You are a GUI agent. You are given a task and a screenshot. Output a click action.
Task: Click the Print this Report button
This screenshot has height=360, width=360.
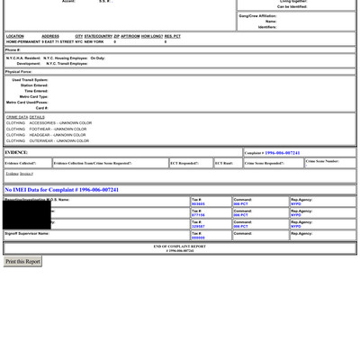point(22,262)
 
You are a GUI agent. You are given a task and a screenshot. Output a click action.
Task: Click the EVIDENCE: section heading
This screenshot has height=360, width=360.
point(16,153)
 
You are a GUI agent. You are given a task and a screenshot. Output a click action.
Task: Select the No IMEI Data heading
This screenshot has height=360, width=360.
point(62,190)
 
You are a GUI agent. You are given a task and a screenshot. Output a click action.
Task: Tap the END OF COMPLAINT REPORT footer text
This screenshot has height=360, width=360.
point(179,246)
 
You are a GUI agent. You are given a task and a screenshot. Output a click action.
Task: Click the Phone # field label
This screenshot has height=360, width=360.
point(13,49)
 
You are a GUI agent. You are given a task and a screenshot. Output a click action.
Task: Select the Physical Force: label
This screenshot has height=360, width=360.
point(19,71)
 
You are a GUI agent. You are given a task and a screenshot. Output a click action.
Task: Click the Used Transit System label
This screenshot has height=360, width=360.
point(30,80)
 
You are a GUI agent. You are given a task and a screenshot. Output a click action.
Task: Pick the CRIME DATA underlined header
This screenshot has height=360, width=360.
point(17,117)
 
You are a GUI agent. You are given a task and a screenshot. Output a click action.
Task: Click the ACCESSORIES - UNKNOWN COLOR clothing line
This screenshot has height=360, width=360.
point(49,123)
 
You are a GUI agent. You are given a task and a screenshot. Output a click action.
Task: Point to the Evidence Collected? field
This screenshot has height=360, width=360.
point(21,163)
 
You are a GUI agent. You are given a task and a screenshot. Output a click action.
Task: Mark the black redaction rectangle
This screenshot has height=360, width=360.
point(26,214)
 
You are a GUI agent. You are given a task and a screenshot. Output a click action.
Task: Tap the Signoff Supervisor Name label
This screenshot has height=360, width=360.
point(27,233)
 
